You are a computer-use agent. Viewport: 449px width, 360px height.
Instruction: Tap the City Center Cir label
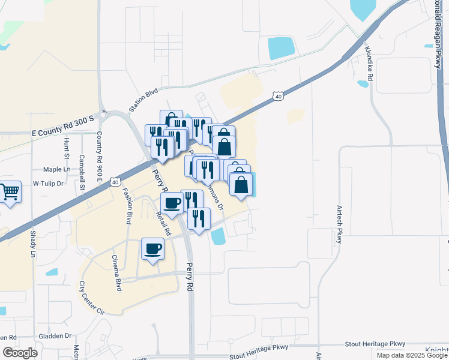click(91, 298)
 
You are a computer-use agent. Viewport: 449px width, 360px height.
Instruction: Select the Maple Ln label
click(57, 170)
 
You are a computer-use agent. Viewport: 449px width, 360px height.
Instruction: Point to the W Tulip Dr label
click(48, 183)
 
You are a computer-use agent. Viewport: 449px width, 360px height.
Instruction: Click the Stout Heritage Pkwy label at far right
click(375, 344)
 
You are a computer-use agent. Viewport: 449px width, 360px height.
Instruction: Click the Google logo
click(20, 352)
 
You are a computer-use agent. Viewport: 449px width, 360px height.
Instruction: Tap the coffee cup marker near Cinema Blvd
click(153, 249)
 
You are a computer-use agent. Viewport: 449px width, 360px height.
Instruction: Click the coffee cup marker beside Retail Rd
click(172, 203)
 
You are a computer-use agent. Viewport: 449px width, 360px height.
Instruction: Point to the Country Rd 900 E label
click(99, 156)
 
